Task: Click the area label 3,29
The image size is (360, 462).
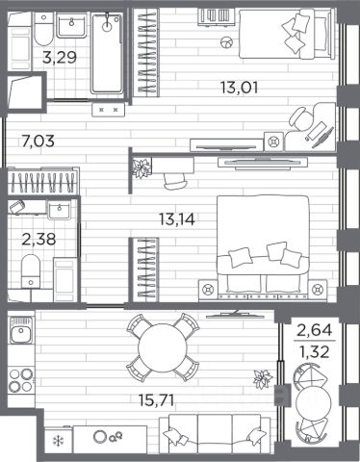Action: pos(60,58)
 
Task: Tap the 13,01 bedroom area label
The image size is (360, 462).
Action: pos(240,88)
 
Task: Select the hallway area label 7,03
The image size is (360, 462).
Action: pos(39,141)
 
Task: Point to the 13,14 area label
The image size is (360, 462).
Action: pos(177,219)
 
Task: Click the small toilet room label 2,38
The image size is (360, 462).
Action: pos(39,239)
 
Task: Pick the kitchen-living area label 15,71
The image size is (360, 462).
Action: pos(156,400)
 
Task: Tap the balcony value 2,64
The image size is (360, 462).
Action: pos(315,330)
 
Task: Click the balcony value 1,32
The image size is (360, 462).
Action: pos(315,352)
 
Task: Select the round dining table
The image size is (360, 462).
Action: pos(163,347)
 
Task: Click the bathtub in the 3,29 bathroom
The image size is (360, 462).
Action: pos(107,53)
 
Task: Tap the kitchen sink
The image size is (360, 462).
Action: pos(21,330)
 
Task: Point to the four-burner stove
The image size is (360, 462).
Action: pos(21,380)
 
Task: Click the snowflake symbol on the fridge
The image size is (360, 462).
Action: pos(59,441)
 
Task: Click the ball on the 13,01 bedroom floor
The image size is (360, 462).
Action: pos(227,42)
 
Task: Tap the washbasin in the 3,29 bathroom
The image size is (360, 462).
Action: pos(71,25)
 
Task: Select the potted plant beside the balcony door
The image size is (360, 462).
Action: pos(263,379)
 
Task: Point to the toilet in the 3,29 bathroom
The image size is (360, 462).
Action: pos(43,30)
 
